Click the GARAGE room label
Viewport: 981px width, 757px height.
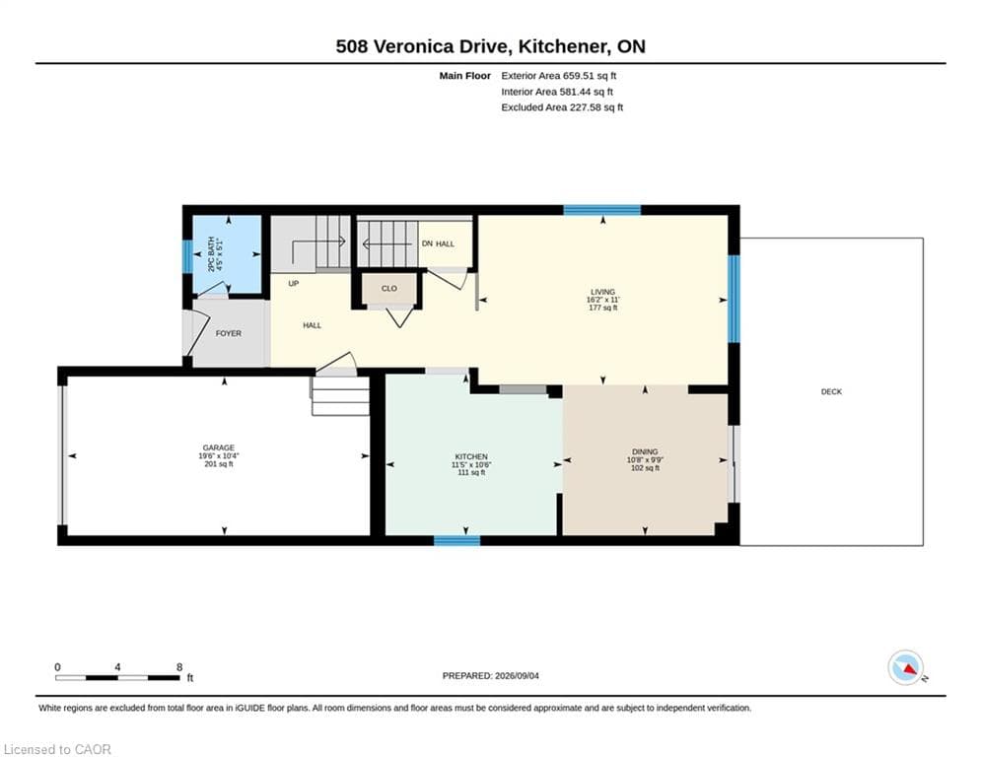[218, 447]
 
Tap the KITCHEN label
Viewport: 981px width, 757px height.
[471, 456]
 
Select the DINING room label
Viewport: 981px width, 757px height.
[645, 451]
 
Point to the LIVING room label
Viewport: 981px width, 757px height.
[603, 292]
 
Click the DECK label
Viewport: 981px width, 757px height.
[831, 391]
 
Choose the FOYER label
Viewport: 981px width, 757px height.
[229, 333]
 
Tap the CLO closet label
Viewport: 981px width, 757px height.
[389, 289]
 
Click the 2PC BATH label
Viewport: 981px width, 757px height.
[211, 254]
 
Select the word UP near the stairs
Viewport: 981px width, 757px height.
[294, 284]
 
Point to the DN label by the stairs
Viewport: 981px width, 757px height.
[427, 243]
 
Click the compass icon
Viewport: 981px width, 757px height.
[905, 667]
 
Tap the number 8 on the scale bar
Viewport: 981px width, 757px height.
[179, 667]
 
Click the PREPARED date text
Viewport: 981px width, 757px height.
[491, 675]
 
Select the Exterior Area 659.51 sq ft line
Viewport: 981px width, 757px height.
[559, 76]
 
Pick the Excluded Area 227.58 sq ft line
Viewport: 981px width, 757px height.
[562, 107]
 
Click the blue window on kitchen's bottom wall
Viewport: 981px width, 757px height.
[456, 540]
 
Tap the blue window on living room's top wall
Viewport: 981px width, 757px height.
[601, 210]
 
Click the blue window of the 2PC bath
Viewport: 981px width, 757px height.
[187, 256]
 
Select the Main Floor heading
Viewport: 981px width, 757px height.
[464, 76]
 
